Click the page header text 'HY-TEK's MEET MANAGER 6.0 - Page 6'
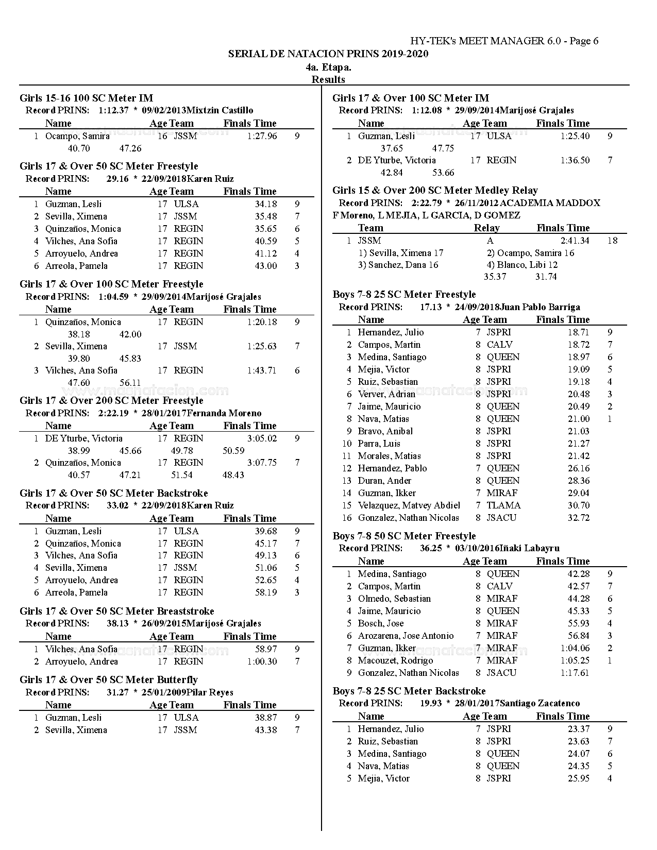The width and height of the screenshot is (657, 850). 504,41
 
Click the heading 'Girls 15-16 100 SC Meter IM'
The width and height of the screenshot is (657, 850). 86,98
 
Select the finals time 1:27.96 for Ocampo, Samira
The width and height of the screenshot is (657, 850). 262,136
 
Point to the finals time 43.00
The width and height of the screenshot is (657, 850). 266,266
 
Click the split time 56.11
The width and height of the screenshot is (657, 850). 130,382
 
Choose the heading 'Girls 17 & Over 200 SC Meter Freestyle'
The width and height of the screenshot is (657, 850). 111,400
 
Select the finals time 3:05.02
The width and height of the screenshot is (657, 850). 262,438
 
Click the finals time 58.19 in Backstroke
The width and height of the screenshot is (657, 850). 266,592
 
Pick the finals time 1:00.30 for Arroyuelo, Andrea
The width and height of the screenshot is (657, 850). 262,661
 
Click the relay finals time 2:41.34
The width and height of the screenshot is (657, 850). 575,241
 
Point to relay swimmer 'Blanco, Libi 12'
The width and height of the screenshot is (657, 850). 522,265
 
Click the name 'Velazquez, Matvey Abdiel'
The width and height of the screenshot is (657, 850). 409,505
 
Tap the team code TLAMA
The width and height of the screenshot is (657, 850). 503,505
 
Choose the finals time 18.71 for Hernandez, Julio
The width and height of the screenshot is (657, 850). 579,332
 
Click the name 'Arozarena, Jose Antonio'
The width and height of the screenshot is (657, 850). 406,636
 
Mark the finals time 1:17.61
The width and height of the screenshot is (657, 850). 575,673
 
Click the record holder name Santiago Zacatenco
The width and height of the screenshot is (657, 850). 540,703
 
